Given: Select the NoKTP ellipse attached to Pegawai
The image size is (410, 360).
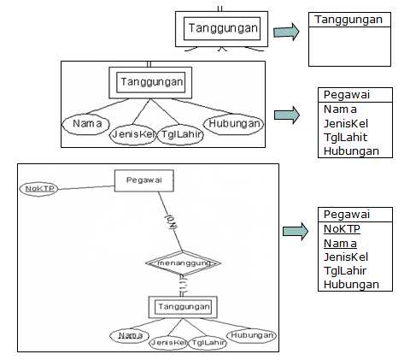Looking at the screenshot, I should click(x=38, y=188).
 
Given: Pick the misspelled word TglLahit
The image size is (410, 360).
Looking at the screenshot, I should click(x=347, y=137).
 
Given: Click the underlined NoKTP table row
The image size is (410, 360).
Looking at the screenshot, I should click(x=342, y=229).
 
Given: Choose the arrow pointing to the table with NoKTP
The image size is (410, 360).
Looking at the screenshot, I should click(x=295, y=230).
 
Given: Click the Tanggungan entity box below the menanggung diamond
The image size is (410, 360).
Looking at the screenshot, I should click(x=183, y=305).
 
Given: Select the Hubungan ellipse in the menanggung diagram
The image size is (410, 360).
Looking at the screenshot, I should click(x=251, y=335).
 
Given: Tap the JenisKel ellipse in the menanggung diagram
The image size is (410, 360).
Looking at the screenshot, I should click(x=167, y=342).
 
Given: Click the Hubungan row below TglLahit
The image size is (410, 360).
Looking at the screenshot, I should click(x=350, y=150).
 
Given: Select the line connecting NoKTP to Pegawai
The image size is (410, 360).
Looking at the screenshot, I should click(x=85, y=185).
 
